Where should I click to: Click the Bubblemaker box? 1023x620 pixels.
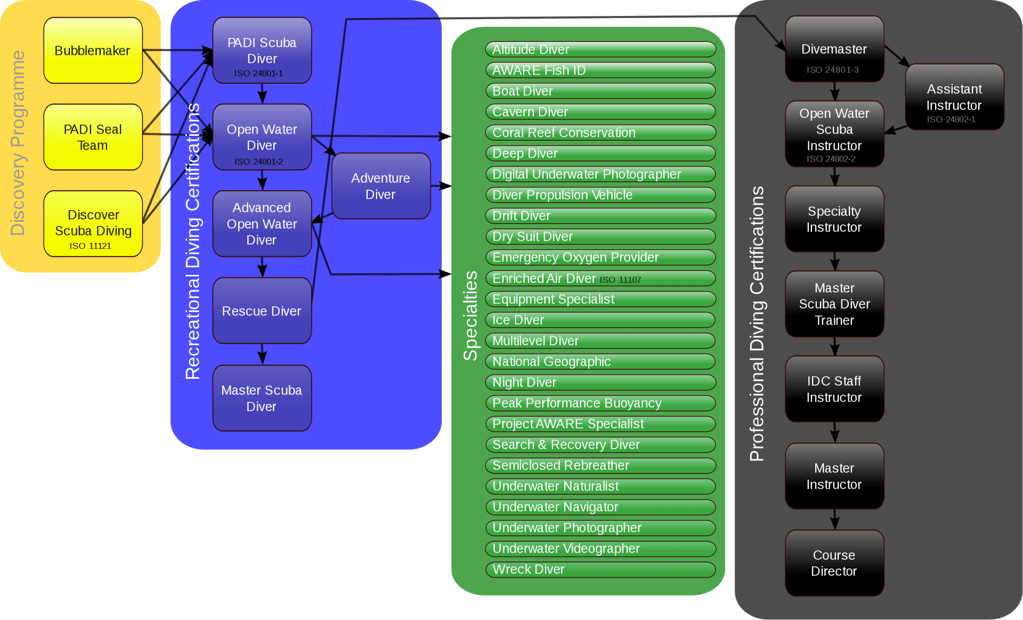pyautogui.click(x=93, y=51)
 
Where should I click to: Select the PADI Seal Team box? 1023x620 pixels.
pyautogui.click(x=93, y=137)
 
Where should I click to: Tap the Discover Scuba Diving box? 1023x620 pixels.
pyautogui.click(x=93, y=224)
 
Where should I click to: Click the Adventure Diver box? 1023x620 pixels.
pyautogui.click(x=380, y=186)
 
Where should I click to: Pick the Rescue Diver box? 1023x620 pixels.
pyautogui.click(x=262, y=311)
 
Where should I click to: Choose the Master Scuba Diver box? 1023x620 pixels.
pyautogui.click(x=262, y=398)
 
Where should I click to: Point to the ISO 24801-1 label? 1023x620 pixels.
pyautogui.click(x=258, y=74)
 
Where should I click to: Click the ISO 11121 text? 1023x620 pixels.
pyautogui.click(x=90, y=246)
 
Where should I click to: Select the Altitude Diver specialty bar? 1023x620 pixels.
pyautogui.click(x=600, y=50)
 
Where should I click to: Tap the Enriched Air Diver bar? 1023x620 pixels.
pyautogui.click(x=600, y=279)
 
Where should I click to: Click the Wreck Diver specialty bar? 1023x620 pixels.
pyautogui.click(x=600, y=569)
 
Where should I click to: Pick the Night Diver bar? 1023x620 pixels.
pyautogui.click(x=600, y=382)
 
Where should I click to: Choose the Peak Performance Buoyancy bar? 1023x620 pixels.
pyautogui.click(x=600, y=403)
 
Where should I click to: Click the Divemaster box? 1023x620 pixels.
pyautogui.click(x=834, y=49)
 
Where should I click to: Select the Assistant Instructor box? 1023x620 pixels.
pyautogui.click(x=954, y=97)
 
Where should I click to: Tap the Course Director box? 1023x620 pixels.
pyautogui.click(x=834, y=563)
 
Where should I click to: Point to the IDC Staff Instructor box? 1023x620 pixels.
pyautogui.click(x=834, y=389)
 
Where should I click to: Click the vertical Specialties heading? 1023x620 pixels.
pyautogui.click(x=470, y=315)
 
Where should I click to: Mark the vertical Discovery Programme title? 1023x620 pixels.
pyautogui.click(x=18, y=143)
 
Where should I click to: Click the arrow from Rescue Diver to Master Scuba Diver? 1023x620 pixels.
pyautogui.click(x=262, y=354)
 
